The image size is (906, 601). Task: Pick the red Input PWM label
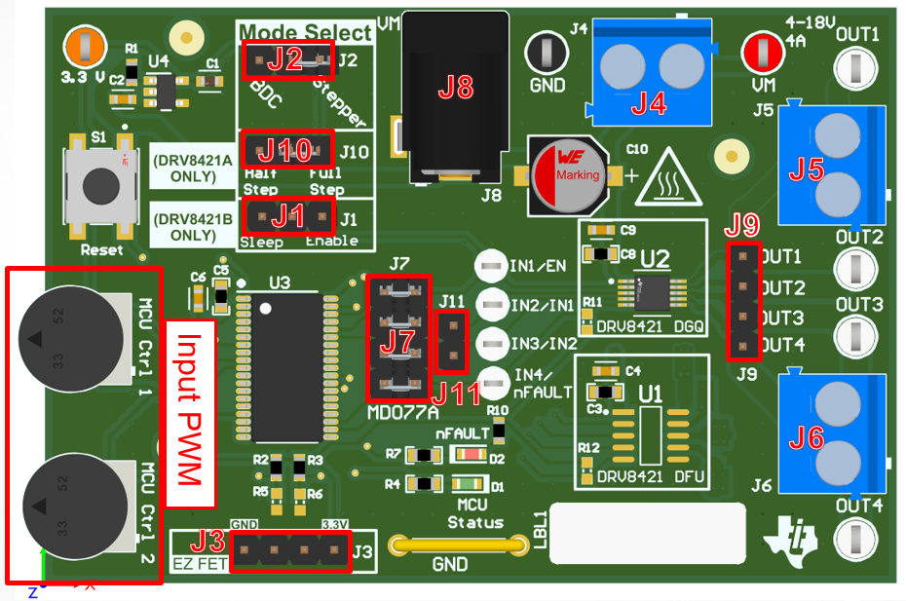coord(189,413)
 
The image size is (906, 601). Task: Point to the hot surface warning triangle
coord(669,178)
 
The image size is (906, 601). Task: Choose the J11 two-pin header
coord(451,341)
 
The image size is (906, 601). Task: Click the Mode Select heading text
coord(305,32)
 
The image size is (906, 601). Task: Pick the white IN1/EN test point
coord(490,266)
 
